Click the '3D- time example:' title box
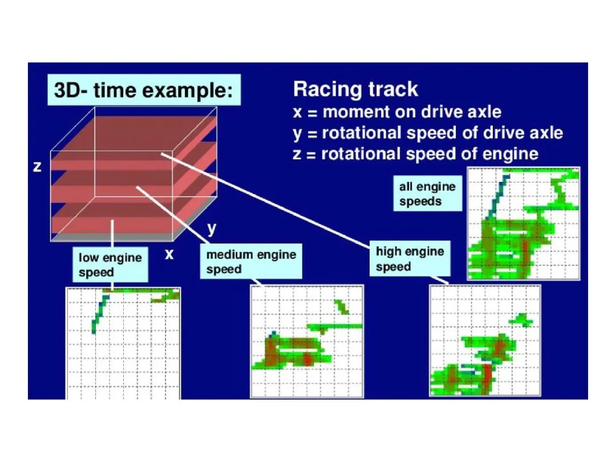coord(144,90)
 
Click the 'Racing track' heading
coord(355,89)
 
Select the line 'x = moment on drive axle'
coord(397,112)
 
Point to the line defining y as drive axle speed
coord(428,133)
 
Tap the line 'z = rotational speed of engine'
coord(415,154)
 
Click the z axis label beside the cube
coord(37,167)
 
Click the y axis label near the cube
coord(212,229)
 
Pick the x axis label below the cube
coord(169,254)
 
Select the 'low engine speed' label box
coord(110,265)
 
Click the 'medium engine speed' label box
coord(251,261)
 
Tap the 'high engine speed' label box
coord(410,258)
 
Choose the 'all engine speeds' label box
coord(427,194)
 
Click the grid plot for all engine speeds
coord(523,224)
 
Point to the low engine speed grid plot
coord(123,343)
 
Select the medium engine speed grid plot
coord(307,342)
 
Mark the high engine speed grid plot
coord(485,341)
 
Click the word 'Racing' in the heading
coord(327,90)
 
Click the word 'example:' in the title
coord(188,91)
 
